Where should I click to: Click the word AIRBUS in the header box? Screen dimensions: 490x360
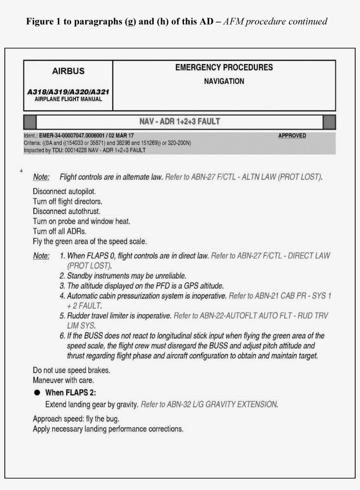point(68,71)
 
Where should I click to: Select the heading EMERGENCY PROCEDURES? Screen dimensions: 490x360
point(224,68)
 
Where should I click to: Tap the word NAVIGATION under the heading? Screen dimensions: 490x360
point(224,81)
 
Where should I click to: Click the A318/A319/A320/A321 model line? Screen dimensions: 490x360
point(68,92)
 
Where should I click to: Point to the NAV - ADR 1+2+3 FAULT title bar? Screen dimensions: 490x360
point(180,122)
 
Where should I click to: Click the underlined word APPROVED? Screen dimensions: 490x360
point(292,136)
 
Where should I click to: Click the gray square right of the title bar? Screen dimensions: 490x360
point(329,122)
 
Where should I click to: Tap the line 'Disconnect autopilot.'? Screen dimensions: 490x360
point(64,192)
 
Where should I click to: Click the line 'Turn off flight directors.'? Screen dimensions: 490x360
point(68,202)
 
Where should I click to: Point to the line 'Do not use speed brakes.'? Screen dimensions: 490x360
point(71,370)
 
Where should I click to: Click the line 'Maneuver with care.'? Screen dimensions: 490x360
point(60,380)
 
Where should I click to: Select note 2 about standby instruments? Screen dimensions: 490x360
point(122,276)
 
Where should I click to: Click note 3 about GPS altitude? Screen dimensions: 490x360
point(142,285)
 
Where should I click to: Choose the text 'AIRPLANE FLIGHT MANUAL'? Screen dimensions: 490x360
point(68,99)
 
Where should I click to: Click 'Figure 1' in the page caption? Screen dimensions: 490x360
point(43,21)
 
